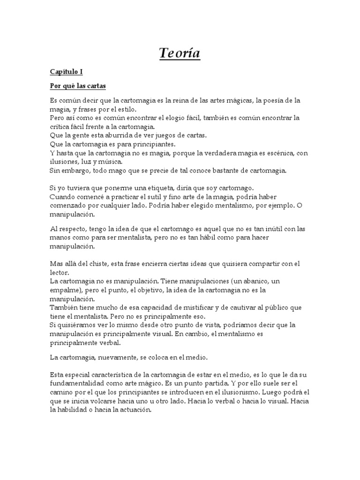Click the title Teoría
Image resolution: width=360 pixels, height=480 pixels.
click(180, 54)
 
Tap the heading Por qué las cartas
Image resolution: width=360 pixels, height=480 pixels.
click(78, 86)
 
